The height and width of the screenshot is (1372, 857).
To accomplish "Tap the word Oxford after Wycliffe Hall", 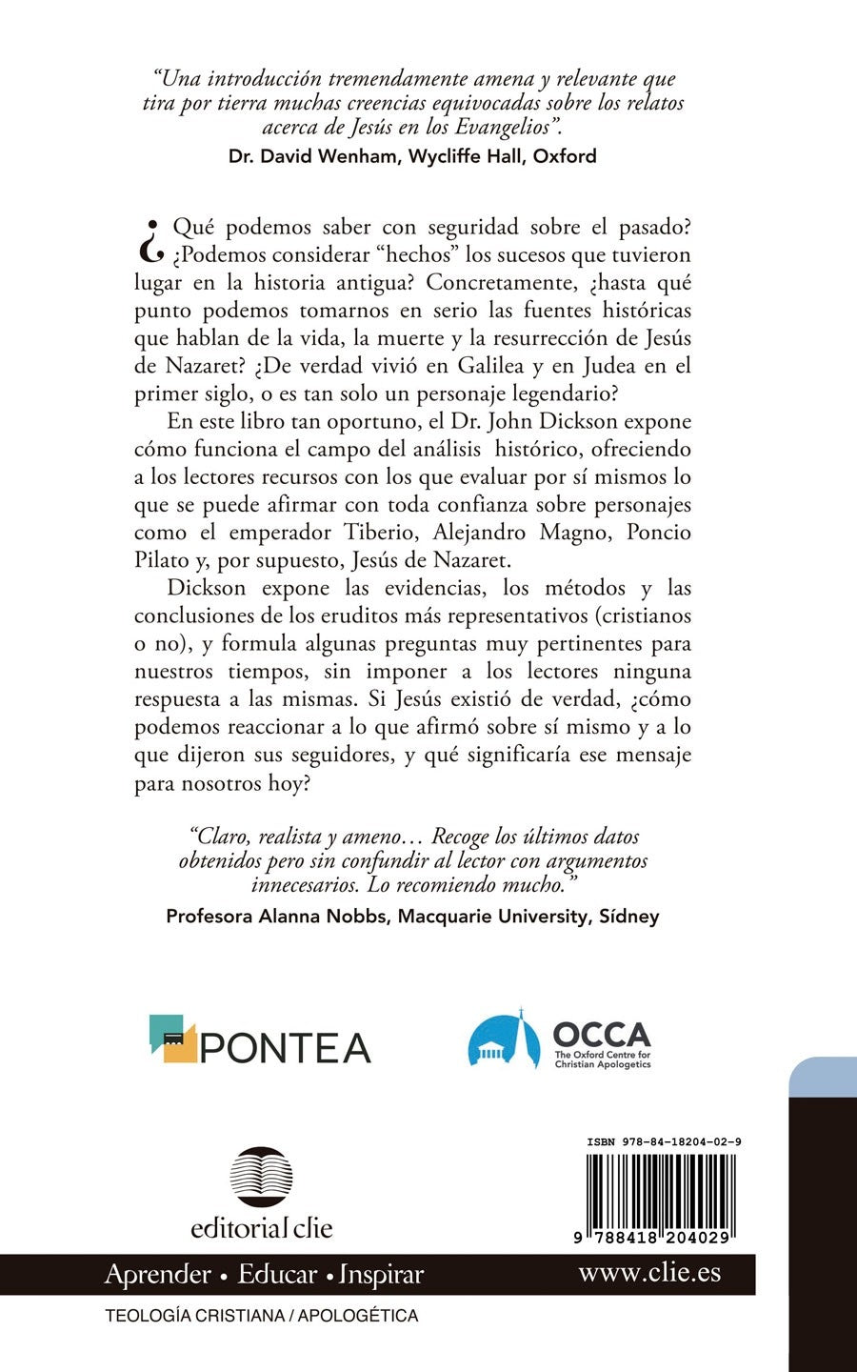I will point(565,156).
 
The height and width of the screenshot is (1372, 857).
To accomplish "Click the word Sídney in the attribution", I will point(628,917).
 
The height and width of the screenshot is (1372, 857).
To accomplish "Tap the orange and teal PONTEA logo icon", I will point(172,1038).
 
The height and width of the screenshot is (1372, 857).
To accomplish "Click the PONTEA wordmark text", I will point(286,1048).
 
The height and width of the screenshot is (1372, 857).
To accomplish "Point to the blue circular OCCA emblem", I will point(504,1040).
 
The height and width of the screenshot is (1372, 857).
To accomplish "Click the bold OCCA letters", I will point(601,1034).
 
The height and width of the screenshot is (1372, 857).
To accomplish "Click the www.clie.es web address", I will point(649,1272).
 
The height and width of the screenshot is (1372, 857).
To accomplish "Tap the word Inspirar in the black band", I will point(381,1274).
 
